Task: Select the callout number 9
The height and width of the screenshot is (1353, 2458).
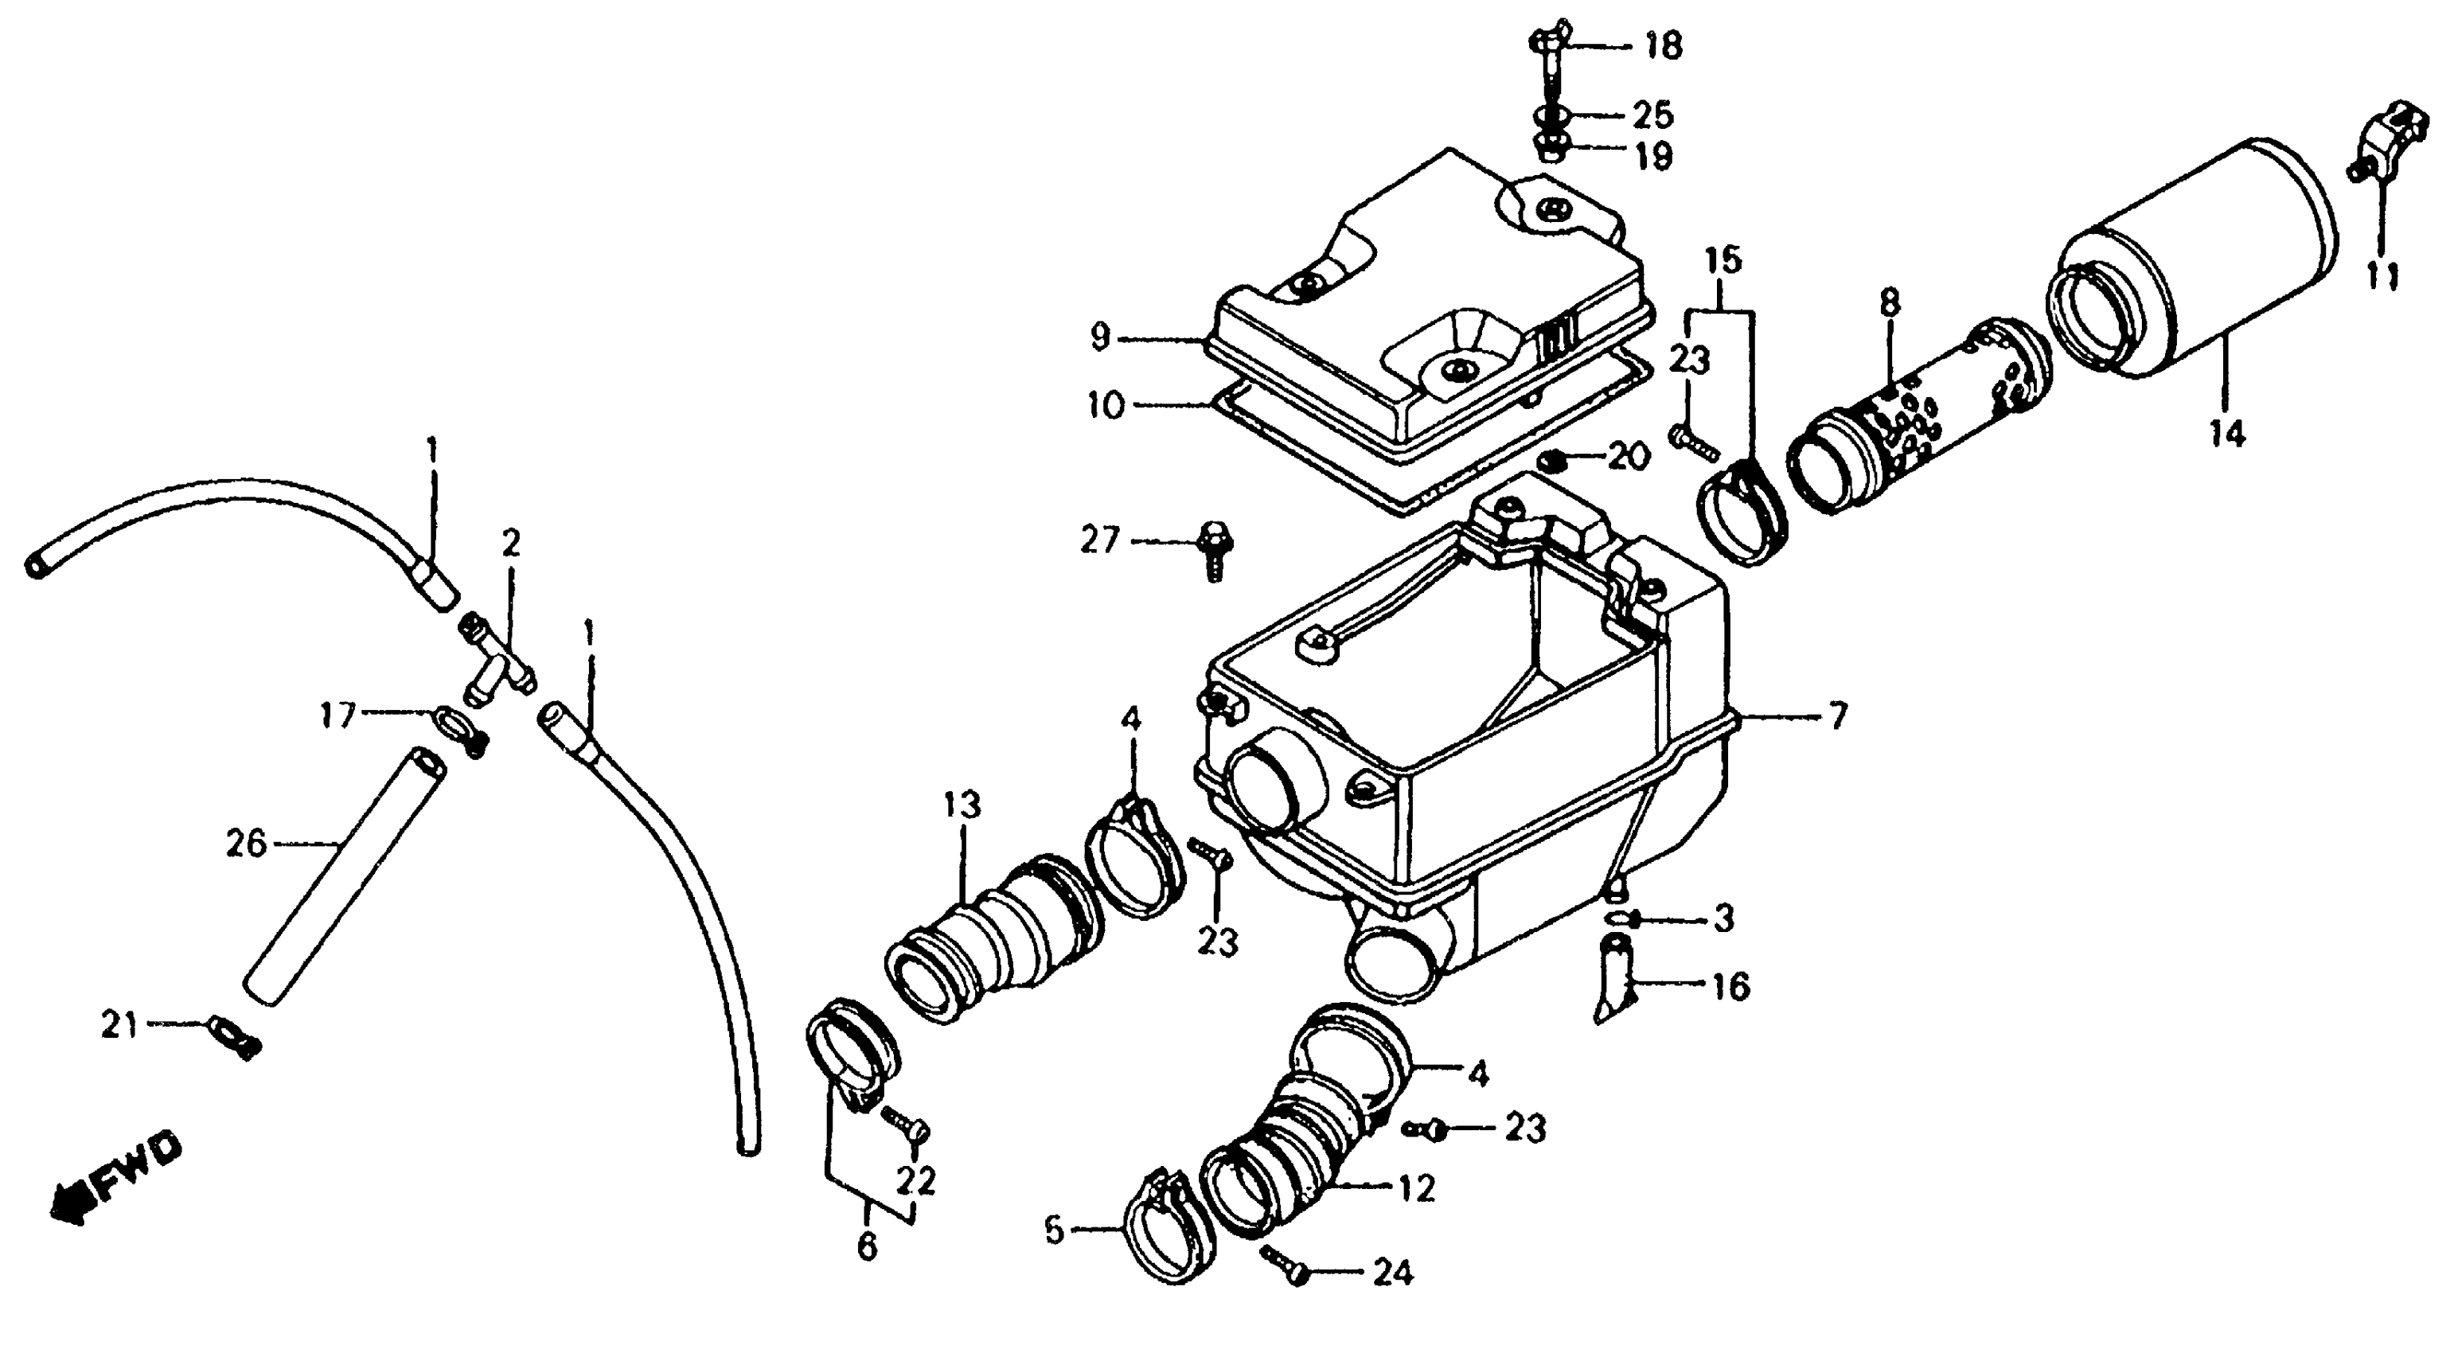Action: click(1100, 337)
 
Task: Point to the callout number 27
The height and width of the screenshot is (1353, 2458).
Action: click(1099, 541)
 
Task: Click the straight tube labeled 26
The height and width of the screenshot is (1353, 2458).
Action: click(344, 873)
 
